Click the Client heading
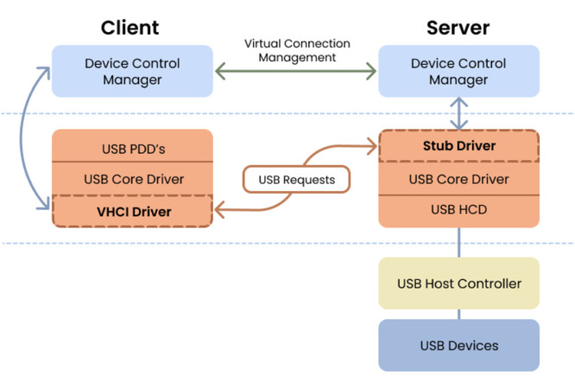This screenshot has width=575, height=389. point(130,27)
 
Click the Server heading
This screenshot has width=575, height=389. point(458,27)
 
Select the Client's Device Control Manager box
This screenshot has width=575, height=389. point(132,71)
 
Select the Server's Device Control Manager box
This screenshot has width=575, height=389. point(458,71)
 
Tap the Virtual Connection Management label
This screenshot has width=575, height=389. point(297,50)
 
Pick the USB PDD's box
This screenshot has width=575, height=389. point(132,149)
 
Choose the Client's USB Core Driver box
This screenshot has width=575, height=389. point(132,180)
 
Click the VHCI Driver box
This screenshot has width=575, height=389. point(132,211)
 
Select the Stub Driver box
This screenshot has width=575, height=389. point(458,146)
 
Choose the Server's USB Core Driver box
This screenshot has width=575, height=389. point(458,179)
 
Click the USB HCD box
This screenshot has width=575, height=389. point(458,210)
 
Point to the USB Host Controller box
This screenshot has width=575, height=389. point(458,284)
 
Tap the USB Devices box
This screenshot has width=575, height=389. point(458,346)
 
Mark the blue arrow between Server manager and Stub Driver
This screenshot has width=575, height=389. point(458,113)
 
